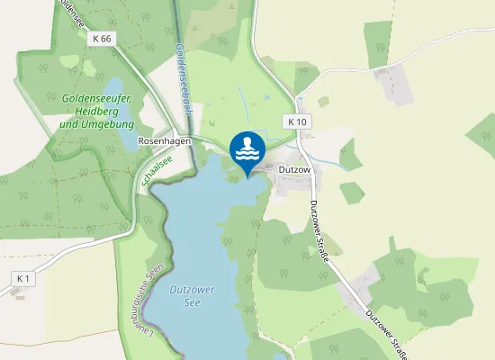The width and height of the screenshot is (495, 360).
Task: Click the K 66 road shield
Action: (103, 39)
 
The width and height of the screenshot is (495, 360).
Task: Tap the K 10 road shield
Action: (297, 121)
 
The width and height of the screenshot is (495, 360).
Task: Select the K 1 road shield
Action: (23, 279)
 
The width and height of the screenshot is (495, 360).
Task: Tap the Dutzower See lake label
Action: (190, 296)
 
